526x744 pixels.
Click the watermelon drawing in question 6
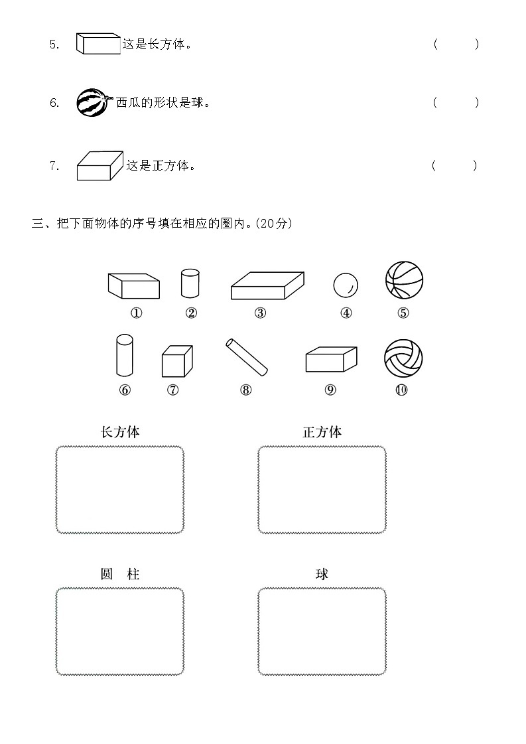tap(92, 103)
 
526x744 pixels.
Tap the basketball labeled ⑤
tap(404, 280)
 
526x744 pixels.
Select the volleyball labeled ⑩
tap(403, 358)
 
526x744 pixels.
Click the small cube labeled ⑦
tap(176, 362)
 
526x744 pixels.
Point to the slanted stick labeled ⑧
tap(246, 355)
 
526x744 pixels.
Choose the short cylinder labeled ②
tap(190, 284)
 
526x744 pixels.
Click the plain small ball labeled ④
tap(346, 285)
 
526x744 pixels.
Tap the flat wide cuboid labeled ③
tap(267, 286)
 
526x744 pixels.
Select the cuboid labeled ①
tap(134, 285)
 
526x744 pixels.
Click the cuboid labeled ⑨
tap(331, 360)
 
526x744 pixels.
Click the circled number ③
tap(260, 313)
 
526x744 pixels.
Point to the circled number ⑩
tap(401, 390)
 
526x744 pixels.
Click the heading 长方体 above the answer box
tap(120, 432)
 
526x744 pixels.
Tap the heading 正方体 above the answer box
tap(322, 432)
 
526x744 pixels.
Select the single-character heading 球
tap(322, 573)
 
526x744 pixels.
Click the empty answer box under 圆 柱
tap(120, 631)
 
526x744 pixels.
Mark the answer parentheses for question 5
tap(456, 45)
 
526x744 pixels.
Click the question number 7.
tap(54, 166)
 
